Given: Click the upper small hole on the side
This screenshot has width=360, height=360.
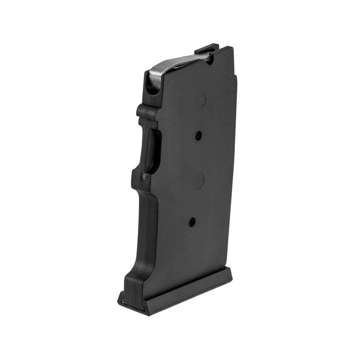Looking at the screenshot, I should pyautogui.click(x=198, y=135).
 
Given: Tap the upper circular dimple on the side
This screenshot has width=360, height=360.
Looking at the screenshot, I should pyautogui.click(x=200, y=100).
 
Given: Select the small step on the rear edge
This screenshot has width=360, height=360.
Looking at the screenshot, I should pyautogui.click(x=236, y=78).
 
